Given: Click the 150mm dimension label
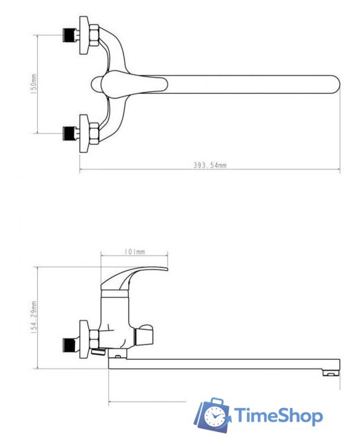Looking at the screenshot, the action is [34, 84].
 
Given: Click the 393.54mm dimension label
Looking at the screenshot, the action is [210, 165].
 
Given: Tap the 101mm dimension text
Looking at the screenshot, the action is [134, 252].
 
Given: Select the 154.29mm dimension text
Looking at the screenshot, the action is [34, 317].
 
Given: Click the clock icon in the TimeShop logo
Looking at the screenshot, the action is [214, 416].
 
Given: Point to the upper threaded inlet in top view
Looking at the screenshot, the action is [71, 35].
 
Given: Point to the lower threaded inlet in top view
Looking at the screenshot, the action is [71, 133].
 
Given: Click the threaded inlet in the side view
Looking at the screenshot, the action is [71, 345].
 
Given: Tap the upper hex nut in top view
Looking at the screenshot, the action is [94, 35].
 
